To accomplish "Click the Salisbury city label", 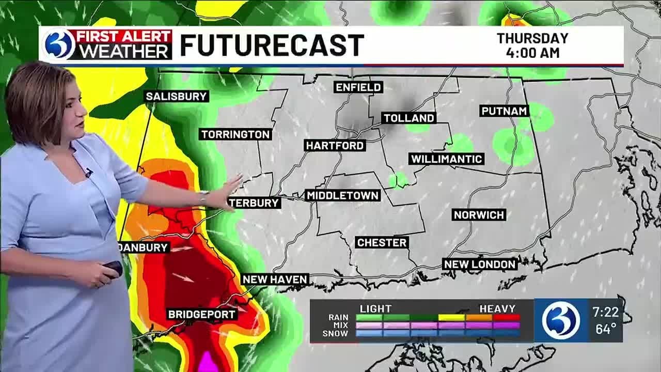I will coord(177,96).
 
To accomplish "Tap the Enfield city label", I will coord(358,87).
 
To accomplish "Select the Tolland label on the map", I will coord(408,118).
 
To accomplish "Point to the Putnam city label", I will coord(504,111).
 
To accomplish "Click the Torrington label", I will coord(235,134).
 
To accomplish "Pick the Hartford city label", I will coord(335,146).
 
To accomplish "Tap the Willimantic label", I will coord(446,159).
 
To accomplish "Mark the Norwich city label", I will coord(479,215).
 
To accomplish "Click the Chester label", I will coord(382,242).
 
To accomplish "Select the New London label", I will coord(480,265).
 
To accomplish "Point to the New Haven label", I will coord(275,280).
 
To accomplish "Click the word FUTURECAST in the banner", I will coord(272,45).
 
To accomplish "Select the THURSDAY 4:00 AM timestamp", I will coord(532,45).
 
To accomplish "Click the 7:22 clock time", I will coord(605,313).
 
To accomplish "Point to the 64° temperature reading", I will coord(605,329).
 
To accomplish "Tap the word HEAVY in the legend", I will coord(497,309).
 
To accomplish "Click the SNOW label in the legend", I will coord(335,334).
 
